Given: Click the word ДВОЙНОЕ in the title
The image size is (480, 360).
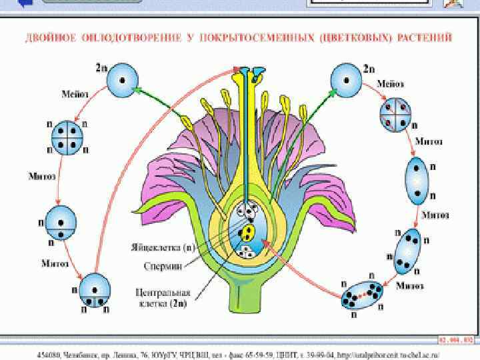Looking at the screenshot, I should click(x=47, y=37).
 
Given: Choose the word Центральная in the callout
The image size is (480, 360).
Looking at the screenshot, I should click(x=163, y=292).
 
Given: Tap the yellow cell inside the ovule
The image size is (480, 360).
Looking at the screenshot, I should click(x=248, y=233).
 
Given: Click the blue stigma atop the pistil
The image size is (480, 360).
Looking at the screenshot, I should click(x=249, y=70).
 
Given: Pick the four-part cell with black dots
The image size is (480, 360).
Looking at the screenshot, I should click(x=67, y=139).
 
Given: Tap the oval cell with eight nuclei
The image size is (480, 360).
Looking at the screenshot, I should click(x=363, y=293).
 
